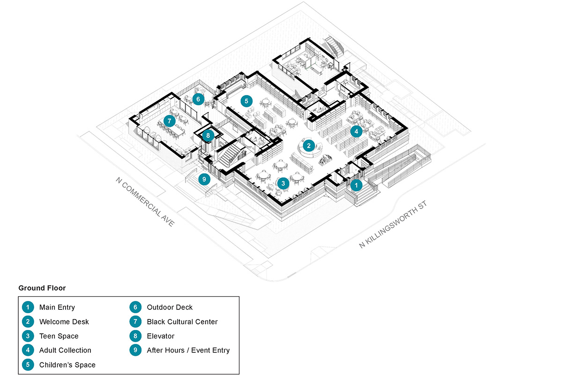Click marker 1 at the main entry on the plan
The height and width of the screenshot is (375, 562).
[356, 185]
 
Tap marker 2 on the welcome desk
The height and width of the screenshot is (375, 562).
[309, 145]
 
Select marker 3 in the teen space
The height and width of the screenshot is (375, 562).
[282, 183]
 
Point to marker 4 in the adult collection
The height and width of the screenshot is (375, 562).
[356, 131]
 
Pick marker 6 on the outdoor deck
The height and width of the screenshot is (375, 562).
[199, 99]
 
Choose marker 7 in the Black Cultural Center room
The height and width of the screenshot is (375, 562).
[169, 120]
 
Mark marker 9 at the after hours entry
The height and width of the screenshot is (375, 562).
[203, 179]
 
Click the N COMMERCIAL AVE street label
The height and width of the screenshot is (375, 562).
[145, 202]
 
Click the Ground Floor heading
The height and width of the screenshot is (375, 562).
[42, 288]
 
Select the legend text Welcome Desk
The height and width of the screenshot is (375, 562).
[64, 322]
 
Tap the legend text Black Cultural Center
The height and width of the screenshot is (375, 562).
[182, 322]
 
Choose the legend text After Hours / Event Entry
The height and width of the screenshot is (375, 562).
[188, 350]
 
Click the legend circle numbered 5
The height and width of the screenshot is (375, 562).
[28, 365]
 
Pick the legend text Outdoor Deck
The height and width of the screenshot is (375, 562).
[170, 307]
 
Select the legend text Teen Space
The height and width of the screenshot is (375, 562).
[59, 336]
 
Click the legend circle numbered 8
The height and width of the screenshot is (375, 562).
[135, 336]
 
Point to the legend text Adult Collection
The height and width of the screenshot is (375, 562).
[65, 350]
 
